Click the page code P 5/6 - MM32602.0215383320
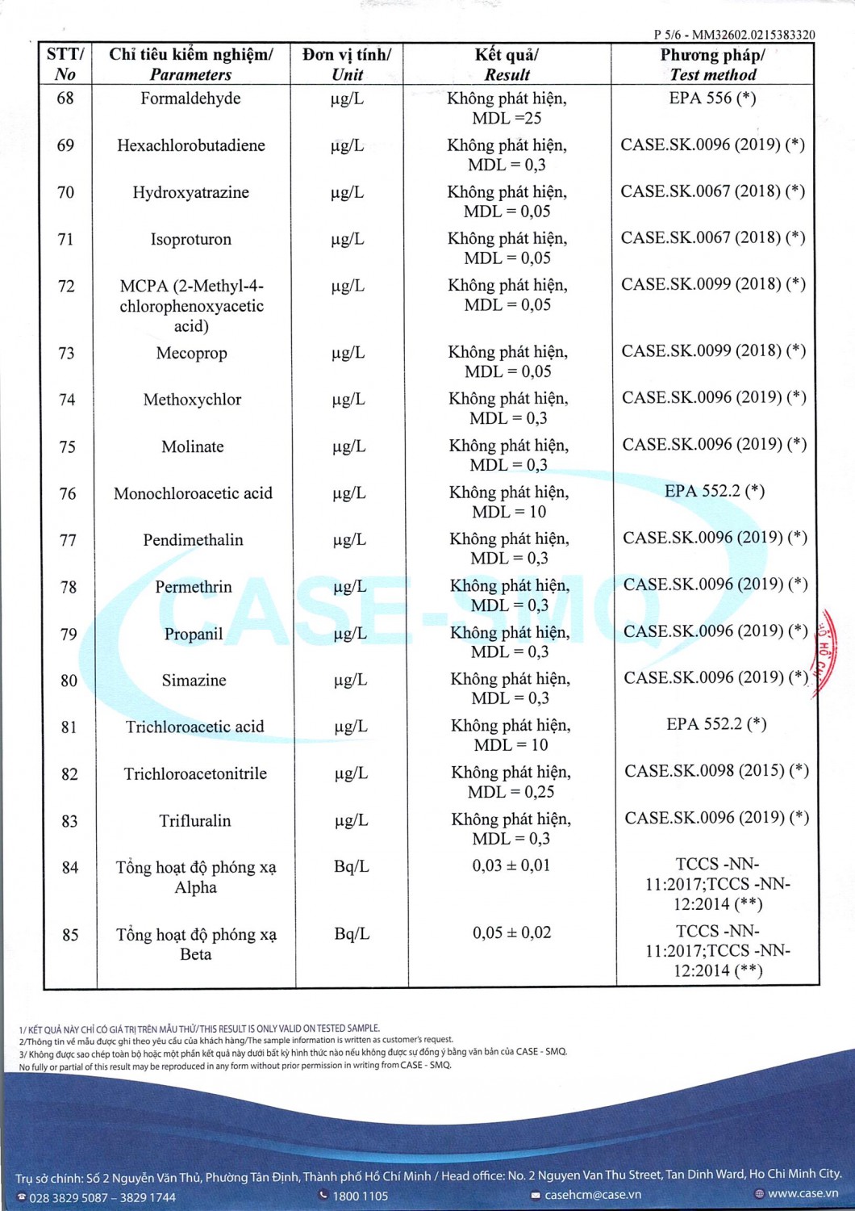734,35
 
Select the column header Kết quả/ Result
507,65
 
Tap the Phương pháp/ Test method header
712,65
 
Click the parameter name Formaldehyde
190,98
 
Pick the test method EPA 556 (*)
712,98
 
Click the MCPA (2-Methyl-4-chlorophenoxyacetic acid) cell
191,306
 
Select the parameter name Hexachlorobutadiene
191,145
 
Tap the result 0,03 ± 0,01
511,865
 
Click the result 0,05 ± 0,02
512,932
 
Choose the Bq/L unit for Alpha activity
351,866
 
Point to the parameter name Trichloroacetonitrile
195,773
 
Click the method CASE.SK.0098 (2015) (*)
716,770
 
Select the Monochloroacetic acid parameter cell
193,493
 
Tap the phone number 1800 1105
360,1196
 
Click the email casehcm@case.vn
593,1195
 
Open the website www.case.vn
803,1193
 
